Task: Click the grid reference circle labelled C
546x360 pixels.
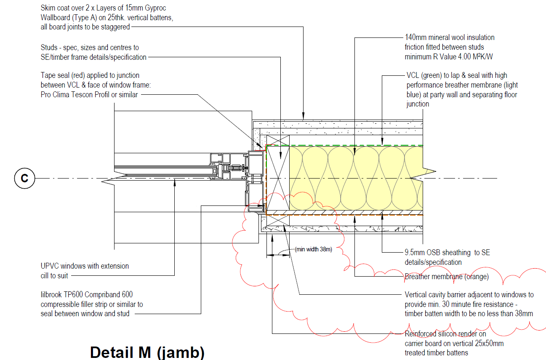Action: pyautogui.click(x=24, y=178)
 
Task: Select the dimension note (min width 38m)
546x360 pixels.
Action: pyautogui.click(x=314, y=249)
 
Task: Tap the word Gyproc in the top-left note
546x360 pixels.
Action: pyautogui.click(x=155, y=8)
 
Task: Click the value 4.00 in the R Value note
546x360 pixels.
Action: pyautogui.click(x=464, y=57)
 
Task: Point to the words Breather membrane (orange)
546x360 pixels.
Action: pyautogui.click(x=447, y=277)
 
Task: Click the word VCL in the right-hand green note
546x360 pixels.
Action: pyautogui.click(x=413, y=75)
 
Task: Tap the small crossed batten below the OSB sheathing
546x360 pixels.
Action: pyautogui.click(x=278, y=220)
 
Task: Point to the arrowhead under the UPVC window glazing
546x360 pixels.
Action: pyautogui.click(x=175, y=183)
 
